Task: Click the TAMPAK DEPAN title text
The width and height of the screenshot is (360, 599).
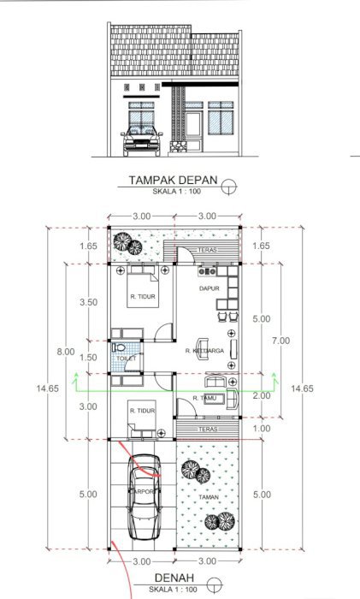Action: click(x=171, y=181)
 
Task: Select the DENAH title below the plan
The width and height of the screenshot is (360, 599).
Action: click(x=176, y=579)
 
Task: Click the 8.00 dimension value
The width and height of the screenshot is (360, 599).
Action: click(x=64, y=352)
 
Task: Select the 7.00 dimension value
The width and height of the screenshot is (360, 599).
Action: click(x=281, y=340)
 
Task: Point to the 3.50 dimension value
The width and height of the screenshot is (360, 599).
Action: click(x=88, y=302)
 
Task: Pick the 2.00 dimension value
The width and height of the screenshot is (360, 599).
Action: click(x=262, y=396)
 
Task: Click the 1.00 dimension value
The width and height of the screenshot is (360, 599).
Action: click(x=262, y=428)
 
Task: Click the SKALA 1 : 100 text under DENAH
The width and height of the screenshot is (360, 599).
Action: click(x=176, y=591)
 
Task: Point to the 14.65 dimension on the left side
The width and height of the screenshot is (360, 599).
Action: click(x=47, y=388)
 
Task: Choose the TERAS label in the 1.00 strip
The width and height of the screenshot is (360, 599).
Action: click(x=206, y=429)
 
